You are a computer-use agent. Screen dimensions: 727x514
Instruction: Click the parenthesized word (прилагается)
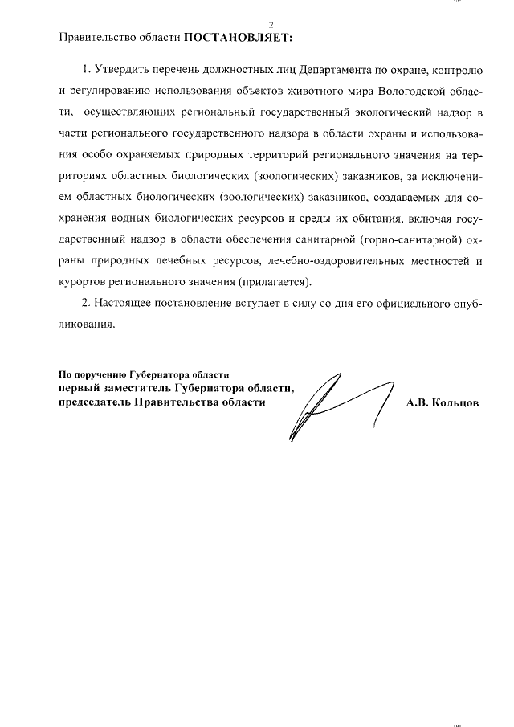click(x=273, y=281)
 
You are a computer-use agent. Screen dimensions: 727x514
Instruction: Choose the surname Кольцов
click(x=455, y=404)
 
